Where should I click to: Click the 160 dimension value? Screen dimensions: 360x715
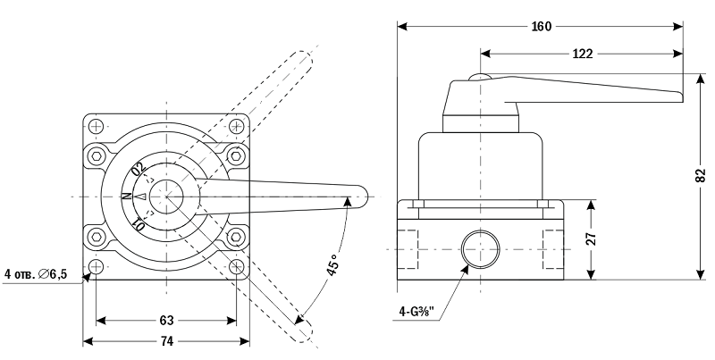click(541, 26)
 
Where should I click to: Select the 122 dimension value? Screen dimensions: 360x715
click(582, 54)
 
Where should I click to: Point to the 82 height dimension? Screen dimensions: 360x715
click(700, 177)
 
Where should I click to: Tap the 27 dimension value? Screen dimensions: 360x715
click(591, 239)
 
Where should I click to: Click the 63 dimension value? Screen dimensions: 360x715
click(166, 319)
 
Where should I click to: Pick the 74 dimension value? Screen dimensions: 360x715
click(166, 340)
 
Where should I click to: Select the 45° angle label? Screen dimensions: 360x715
click(332, 267)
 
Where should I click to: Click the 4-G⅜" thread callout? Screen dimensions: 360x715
click(416, 312)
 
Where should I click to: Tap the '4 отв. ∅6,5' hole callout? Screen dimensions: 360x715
click(37, 274)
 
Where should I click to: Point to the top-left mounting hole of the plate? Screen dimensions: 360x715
click(97, 125)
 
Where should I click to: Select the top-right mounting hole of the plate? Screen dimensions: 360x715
click(237, 125)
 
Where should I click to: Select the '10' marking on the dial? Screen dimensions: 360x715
click(139, 222)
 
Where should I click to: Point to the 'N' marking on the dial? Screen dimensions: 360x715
click(126, 196)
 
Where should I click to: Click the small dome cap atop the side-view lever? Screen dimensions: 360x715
click(479, 78)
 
